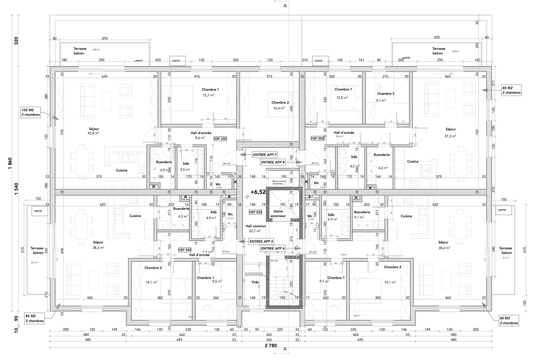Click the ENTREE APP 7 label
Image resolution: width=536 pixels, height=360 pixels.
point(265,155)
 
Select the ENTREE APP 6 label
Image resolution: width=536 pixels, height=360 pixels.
point(273,249)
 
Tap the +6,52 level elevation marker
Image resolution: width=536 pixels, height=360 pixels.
point(258,192)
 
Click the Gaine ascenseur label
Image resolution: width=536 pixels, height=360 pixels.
point(278,214)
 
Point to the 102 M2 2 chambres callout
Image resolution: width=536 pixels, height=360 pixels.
point(30,112)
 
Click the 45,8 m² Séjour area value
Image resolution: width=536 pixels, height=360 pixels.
point(93,133)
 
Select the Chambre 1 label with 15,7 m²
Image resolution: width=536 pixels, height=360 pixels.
point(210,90)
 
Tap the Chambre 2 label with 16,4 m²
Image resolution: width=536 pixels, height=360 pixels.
point(280,103)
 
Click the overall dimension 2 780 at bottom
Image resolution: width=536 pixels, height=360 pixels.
point(271,346)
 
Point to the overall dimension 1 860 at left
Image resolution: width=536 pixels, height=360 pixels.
point(10,163)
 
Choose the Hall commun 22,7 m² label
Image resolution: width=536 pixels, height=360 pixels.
point(256,226)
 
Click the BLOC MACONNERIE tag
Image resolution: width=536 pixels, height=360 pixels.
point(253,274)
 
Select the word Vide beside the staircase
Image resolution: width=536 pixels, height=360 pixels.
point(255,282)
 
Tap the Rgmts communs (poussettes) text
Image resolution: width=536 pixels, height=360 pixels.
point(279,182)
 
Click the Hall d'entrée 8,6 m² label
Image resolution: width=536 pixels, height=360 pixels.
point(201,133)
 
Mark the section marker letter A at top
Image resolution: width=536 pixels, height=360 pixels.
point(285,6)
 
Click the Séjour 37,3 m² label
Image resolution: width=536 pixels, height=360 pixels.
point(450,130)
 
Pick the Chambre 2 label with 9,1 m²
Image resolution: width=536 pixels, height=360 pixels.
point(386,94)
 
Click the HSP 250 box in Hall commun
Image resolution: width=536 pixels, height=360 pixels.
point(255,212)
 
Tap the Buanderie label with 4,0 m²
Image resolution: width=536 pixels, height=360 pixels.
point(164,162)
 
